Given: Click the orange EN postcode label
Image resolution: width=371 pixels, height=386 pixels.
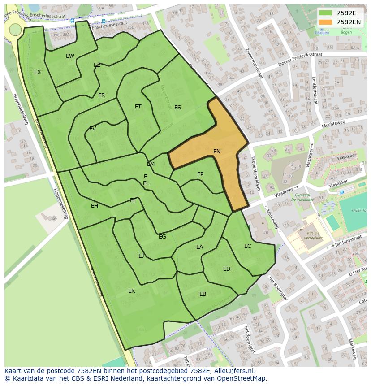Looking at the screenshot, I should coord(217,152).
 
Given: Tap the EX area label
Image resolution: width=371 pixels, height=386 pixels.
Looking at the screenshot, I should coord(38,72).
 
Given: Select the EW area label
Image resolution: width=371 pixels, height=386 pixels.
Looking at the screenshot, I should coord(70,56).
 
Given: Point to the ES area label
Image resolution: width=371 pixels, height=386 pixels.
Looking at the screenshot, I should coord(178,108).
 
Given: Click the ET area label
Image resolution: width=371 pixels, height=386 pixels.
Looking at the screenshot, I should coord(138,107).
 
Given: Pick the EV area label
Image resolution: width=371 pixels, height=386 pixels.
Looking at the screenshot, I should coord(92,129).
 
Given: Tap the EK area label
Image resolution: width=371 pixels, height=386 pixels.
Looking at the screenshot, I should coord(131,291).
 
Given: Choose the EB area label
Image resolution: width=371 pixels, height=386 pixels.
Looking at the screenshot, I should coord(203,294).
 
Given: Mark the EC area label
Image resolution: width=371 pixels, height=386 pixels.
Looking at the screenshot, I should coord(248,246).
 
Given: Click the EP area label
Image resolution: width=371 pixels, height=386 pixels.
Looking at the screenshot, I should coord(200,174).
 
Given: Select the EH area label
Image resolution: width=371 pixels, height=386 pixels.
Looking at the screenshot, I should coord(95,206).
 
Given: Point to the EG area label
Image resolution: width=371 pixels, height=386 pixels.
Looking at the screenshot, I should coord(162,237).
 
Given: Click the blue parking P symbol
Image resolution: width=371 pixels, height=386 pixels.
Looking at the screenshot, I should coord(342,193).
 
